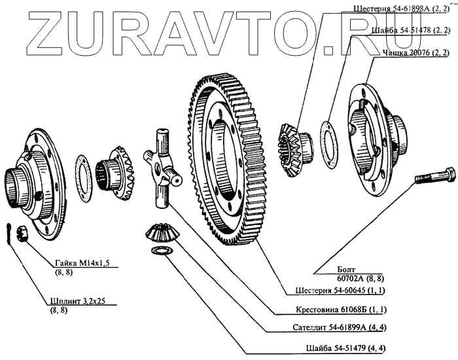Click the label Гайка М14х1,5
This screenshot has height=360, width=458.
pyautogui.click(x=81, y=262)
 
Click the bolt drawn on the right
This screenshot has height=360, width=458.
pyautogui.click(x=434, y=176)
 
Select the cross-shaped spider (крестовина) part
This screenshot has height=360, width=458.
pyautogui.click(x=162, y=166)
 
